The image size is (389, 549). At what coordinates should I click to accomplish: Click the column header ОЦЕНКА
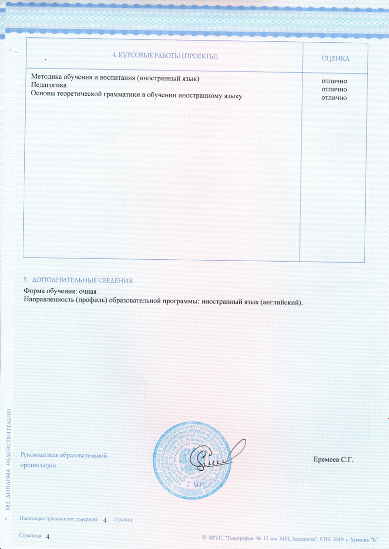[335, 58]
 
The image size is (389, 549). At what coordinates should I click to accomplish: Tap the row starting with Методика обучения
[115, 78]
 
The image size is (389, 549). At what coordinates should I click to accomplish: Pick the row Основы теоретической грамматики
[136, 94]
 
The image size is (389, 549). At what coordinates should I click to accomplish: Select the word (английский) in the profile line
[282, 302]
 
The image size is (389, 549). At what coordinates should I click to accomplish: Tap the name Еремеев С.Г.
[334, 460]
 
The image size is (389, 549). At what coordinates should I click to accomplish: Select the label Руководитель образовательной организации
[63, 460]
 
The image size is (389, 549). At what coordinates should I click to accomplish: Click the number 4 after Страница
[48, 536]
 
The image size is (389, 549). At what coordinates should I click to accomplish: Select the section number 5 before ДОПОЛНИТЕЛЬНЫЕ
[25, 281]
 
